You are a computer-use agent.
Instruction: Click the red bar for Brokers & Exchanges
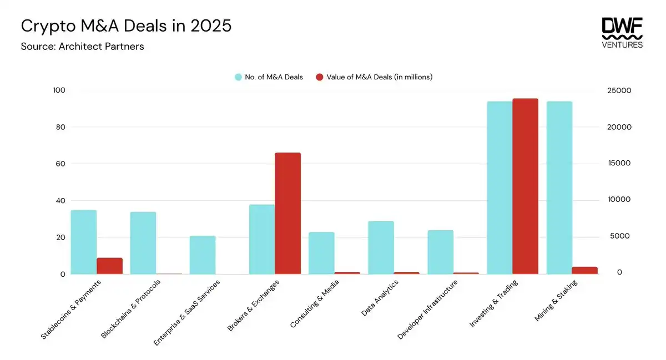(x=287, y=213)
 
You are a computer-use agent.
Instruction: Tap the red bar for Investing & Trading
(x=525, y=186)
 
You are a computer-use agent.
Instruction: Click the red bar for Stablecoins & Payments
(x=109, y=266)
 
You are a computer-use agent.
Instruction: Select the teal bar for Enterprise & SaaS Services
(x=203, y=255)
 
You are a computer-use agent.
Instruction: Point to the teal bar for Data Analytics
(x=381, y=247)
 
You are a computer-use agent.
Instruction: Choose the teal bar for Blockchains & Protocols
(x=143, y=243)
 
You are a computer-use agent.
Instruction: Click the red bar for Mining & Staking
(x=584, y=270)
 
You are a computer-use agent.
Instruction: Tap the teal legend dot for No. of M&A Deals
(x=238, y=77)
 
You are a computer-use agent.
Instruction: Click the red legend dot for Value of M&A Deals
(x=320, y=77)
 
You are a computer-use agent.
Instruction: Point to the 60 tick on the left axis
(x=59, y=164)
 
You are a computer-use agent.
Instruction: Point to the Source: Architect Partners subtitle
(x=82, y=47)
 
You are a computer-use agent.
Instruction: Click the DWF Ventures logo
(x=622, y=33)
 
